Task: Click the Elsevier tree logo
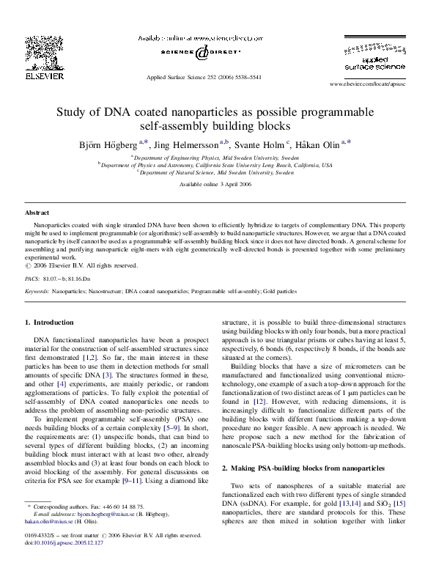point(35,53)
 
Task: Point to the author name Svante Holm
point(261,144)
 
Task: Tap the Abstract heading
point(37,213)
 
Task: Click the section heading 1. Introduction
point(49,323)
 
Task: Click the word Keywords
point(37,291)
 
